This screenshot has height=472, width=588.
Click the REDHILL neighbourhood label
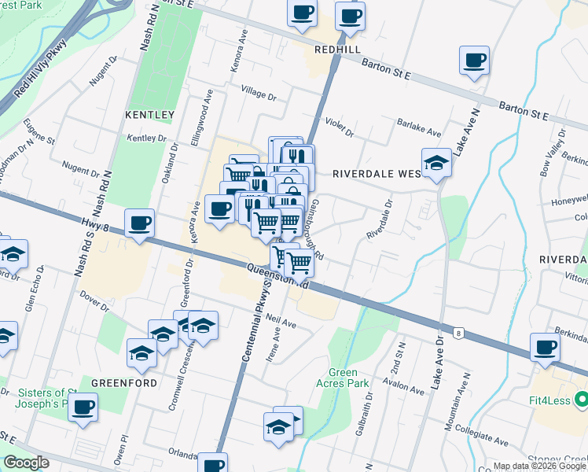coord(337,49)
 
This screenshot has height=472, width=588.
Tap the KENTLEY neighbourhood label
coord(149,115)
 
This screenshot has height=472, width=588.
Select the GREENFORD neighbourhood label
coord(123,382)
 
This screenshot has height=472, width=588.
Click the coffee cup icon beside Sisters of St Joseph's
coord(82,407)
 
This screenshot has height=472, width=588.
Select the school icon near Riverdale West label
coord(436,162)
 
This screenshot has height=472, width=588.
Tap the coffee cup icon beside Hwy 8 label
coord(139,223)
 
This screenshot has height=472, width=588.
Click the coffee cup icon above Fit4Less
coord(545,346)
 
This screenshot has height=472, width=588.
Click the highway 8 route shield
coord(458,334)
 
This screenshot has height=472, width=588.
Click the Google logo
coord(26,463)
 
